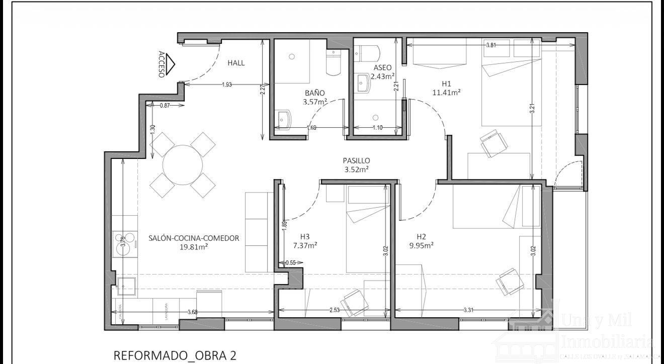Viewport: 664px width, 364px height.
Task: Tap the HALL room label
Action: click(236, 63)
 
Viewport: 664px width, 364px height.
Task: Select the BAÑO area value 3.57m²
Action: click(315, 102)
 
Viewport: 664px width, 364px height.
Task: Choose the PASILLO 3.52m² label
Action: click(357, 165)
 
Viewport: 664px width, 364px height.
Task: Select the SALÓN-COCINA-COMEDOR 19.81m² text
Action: click(194, 242)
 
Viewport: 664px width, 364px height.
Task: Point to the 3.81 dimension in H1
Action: click(491, 45)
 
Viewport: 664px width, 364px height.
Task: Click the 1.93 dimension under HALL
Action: click(227, 84)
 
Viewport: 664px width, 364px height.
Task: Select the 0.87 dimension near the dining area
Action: click(164, 106)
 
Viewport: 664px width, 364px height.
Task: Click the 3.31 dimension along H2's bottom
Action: click(467, 310)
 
